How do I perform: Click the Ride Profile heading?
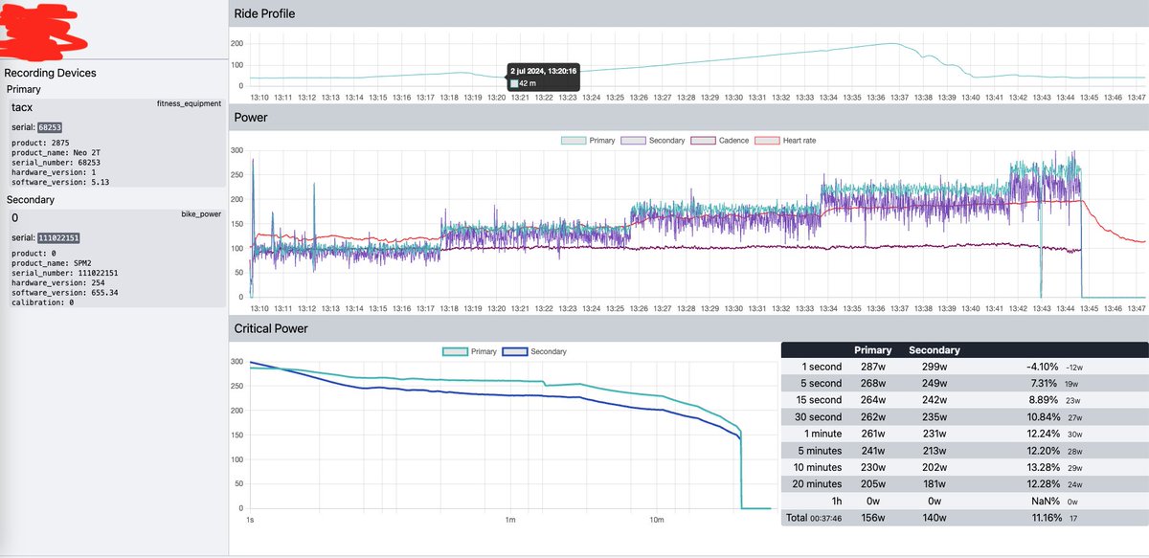coord(264,14)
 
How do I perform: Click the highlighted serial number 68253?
coord(51,126)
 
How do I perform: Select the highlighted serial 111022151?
coord(58,237)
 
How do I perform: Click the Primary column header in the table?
coord(872,350)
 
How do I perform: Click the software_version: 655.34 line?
coord(63,292)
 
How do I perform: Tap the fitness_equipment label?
coord(189,103)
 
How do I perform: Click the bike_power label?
coord(201,214)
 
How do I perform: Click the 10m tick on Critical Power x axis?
coord(657,521)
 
